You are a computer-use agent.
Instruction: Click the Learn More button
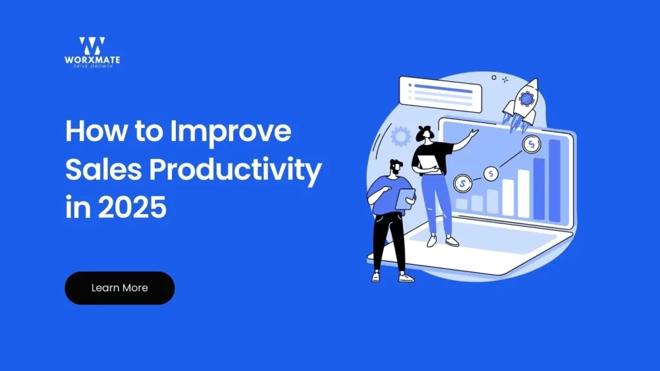pos(119,288)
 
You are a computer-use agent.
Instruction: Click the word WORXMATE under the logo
pos(92,61)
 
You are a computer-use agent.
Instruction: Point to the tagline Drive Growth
pos(92,66)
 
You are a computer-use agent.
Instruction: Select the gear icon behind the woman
pos(401,137)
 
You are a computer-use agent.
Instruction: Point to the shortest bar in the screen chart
pos(461,204)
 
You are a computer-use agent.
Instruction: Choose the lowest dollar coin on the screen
pos(462,184)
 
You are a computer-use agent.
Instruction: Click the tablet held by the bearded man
pos(405,198)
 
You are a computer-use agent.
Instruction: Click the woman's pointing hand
pos(474,133)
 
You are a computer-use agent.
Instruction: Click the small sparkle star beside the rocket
pos(505,79)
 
